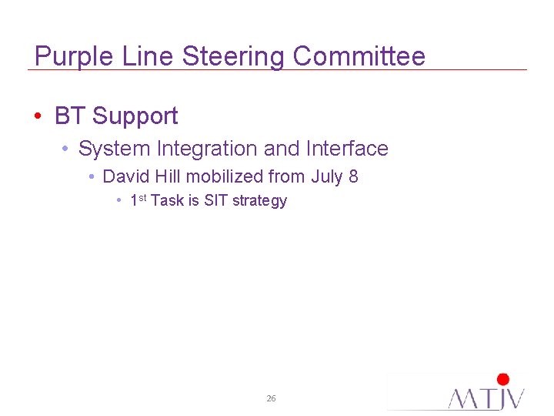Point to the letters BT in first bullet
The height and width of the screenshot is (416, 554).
(x=70, y=116)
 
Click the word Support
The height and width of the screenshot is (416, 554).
(x=135, y=117)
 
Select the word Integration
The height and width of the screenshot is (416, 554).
(x=210, y=149)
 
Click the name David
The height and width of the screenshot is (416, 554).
(x=125, y=176)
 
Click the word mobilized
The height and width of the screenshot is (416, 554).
(x=225, y=176)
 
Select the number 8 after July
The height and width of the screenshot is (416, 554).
(x=353, y=176)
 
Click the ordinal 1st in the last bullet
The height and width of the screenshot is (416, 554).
(x=138, y=200)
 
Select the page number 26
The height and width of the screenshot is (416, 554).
(x=271, y=398)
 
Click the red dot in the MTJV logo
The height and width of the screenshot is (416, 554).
(x=503, y=379)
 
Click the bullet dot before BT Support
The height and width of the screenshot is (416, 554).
(x=38, y=117)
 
